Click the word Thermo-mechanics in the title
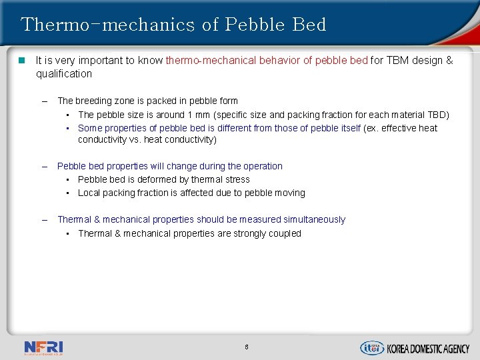pos(107,25)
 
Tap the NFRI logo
pos(43,347)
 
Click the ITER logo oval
pos(372,347)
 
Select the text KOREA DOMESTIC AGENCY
pos(429,348)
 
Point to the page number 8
pos(246,347)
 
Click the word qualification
pos(64,73)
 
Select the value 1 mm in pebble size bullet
pos(198,115)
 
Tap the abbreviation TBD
pos(436,115)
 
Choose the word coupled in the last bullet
pos(285,233)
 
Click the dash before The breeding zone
pos(44,101)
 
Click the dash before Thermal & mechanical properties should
pos(44,219)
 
